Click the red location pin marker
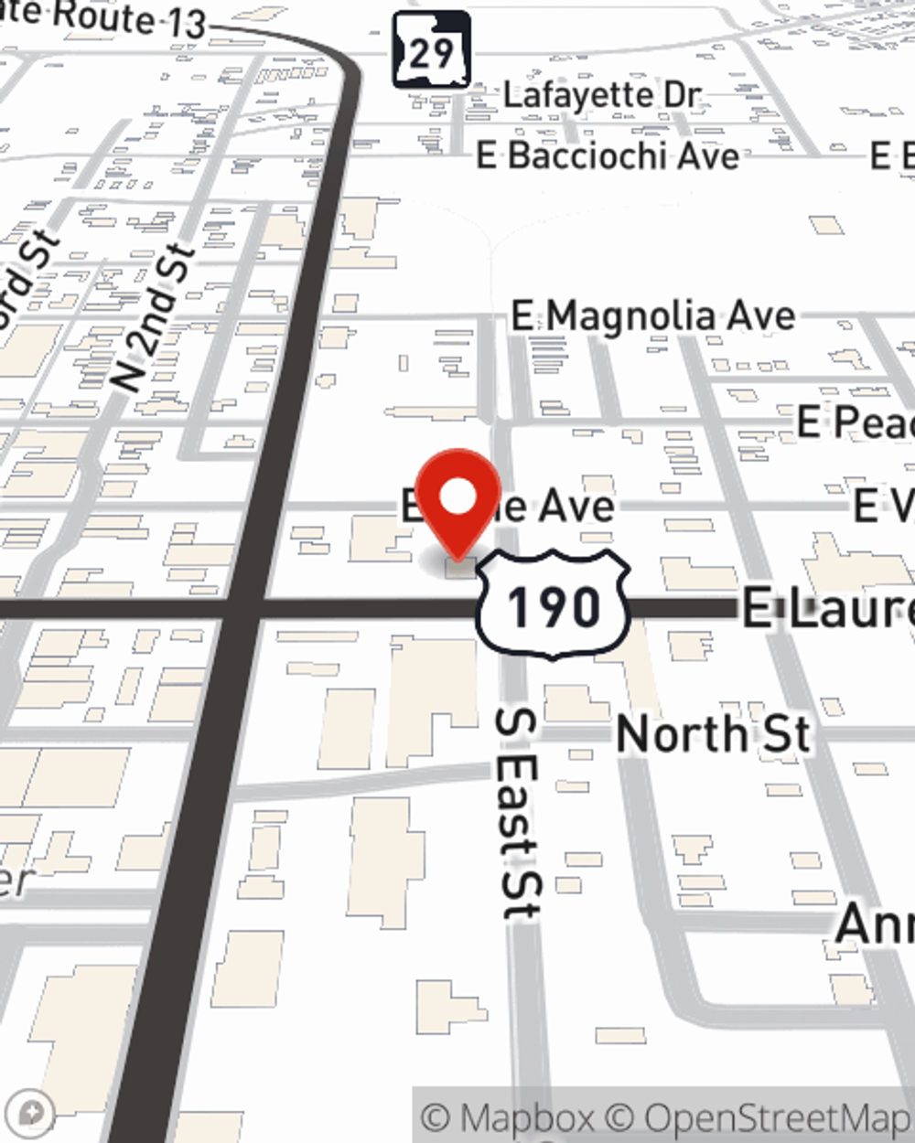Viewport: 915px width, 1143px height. (458, 503)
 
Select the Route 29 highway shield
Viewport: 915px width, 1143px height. (431, 51)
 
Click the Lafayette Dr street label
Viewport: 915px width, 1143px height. (602, 95)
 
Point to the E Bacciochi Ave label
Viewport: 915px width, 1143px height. (608, 155)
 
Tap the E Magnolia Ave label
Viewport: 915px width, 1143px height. (653, 317)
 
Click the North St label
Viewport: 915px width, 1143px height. (714, 734)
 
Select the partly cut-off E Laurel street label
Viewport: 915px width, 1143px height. (828, 608)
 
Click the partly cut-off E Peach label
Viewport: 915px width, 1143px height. (855, 422)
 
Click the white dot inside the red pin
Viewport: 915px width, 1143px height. (458, 497)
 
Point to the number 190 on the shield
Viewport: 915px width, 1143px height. (554, 606)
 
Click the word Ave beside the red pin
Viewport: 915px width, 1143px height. (575, 506)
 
